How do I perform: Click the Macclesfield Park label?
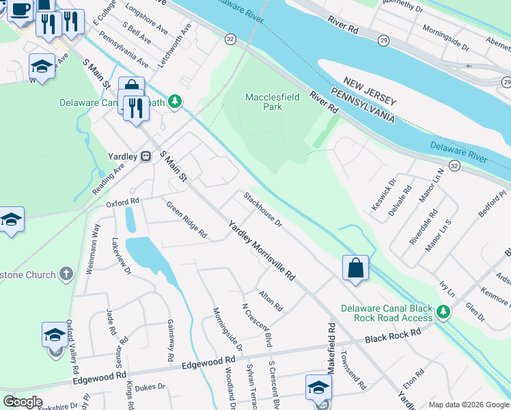coord(272,102)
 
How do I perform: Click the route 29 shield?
coord(383,41)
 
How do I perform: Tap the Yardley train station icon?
coord(145,156)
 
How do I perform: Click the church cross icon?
coord(66,275)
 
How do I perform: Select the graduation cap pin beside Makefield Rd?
coord(318,387)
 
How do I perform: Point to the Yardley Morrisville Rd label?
coord(261,251)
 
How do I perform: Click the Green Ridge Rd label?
coord(187,219)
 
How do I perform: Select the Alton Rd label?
coord(271,300)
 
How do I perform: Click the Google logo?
coord(23,402)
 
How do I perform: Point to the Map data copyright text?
coord(469,405)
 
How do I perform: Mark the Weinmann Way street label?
coord(93,249)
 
